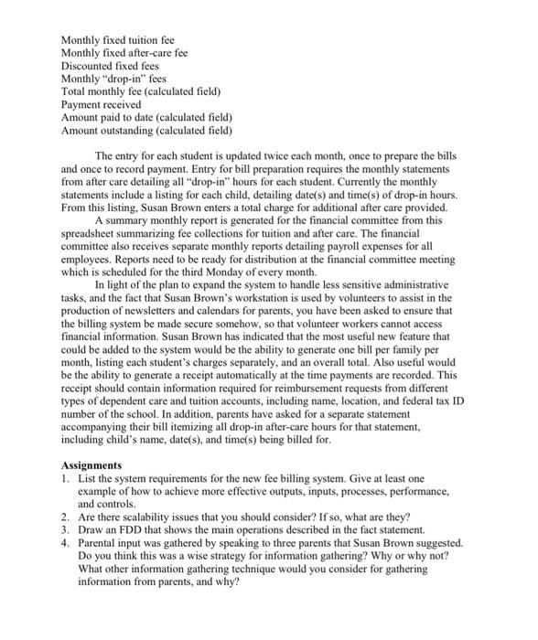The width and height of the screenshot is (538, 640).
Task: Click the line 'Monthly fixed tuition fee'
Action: (x=117, y=40)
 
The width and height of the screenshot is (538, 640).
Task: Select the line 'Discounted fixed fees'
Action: (x=110, y=67)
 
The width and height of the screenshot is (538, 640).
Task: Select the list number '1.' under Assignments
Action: (x=66, y=478)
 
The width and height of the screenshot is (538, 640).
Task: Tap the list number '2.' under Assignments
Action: (x=66, y=517)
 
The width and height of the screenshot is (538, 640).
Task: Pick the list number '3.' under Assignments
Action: (x=66, y=529)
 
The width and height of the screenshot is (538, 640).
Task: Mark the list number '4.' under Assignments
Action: (x=66, y=542)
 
